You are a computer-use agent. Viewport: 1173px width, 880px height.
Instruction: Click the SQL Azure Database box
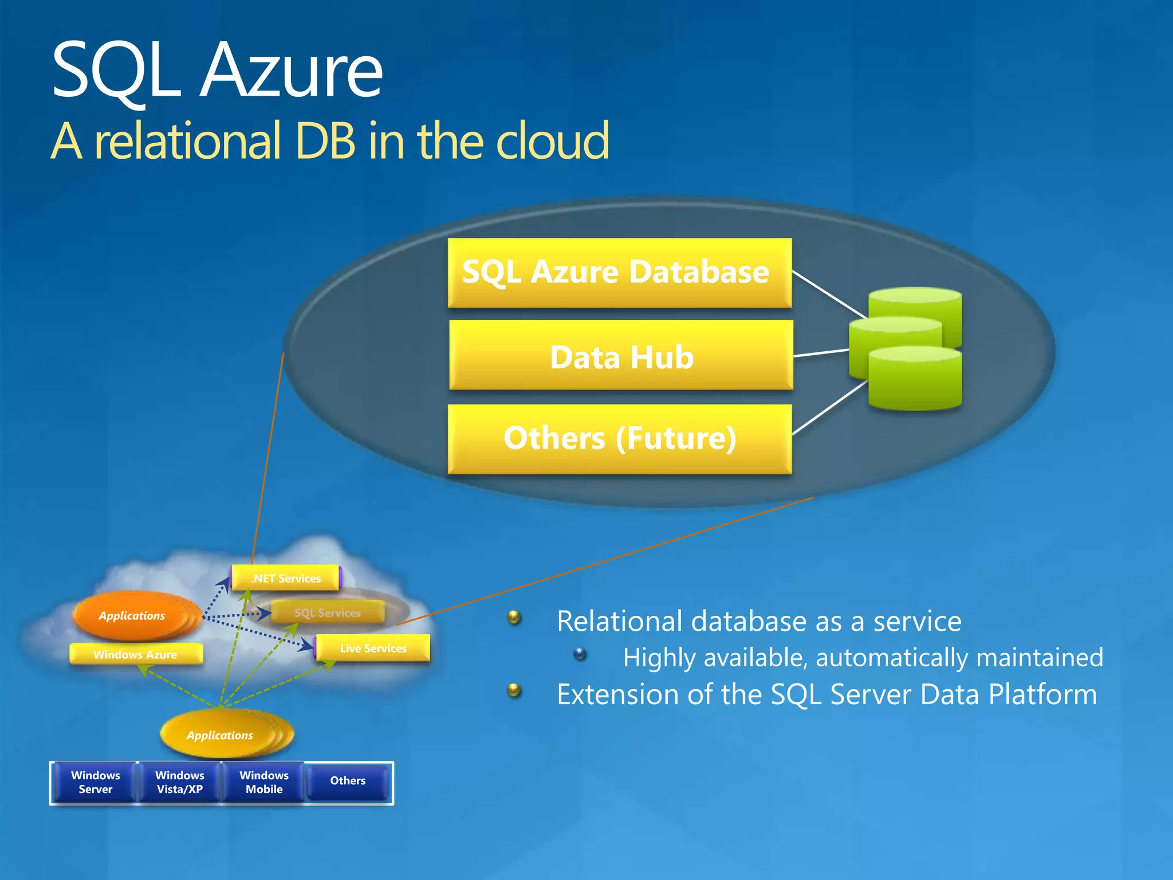[619, 273]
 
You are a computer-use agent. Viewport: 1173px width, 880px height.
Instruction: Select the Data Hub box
[621, 355]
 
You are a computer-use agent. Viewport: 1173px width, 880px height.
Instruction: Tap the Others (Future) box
[619, 439]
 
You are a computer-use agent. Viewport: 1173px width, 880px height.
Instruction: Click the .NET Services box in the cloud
[286, 578]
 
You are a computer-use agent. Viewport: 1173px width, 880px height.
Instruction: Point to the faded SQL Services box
[327, 612]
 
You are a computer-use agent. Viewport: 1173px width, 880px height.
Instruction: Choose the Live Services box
[373, 648]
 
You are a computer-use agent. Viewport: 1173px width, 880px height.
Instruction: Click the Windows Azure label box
[136, 654]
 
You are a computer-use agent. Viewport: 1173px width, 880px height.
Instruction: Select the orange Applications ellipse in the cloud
[133, 615]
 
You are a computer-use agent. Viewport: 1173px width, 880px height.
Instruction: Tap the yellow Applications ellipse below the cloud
[221, 735]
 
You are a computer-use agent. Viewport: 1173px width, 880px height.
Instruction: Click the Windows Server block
[95, 782]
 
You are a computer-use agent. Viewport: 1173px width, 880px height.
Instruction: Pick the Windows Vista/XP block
[179, 782]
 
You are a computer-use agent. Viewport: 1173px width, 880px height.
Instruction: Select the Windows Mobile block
[263, 782]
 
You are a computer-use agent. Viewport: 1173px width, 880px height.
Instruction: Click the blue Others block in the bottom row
[348, 781]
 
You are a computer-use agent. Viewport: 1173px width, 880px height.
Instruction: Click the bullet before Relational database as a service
[514, 617]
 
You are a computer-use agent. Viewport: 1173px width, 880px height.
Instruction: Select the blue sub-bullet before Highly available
[580, 654]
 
